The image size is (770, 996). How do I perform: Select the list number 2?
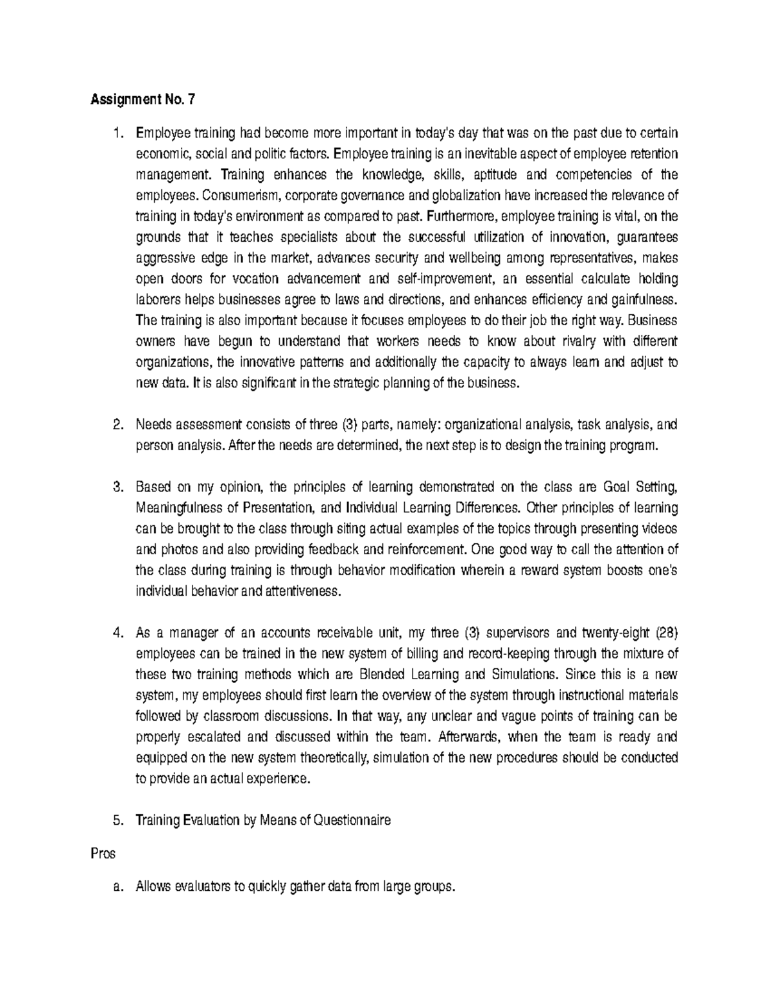(x=117, y=425)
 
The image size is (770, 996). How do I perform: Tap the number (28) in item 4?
(x=666, y=634)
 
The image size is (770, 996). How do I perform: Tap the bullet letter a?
(x=117, y=888)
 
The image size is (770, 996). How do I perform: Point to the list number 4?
(x=117, y=634)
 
